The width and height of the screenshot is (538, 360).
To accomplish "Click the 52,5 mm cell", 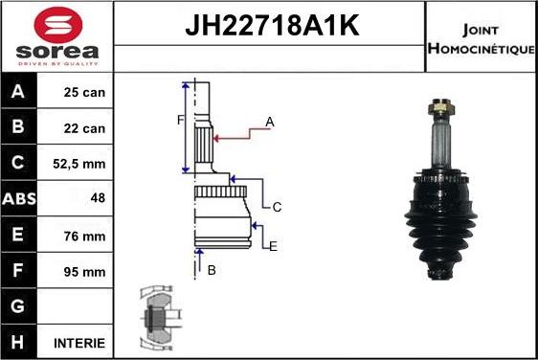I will click(x=79, y=164).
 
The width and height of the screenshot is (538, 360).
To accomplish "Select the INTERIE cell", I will click(x=79, y=343).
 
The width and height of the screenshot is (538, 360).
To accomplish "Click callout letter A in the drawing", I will click(x=270, y=122).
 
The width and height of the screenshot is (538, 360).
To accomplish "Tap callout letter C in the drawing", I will click(x=277, y=206).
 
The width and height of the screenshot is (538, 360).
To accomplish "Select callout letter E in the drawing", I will click(x=273, y=246).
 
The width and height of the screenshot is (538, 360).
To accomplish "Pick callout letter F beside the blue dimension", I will click(x=179, y=120).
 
